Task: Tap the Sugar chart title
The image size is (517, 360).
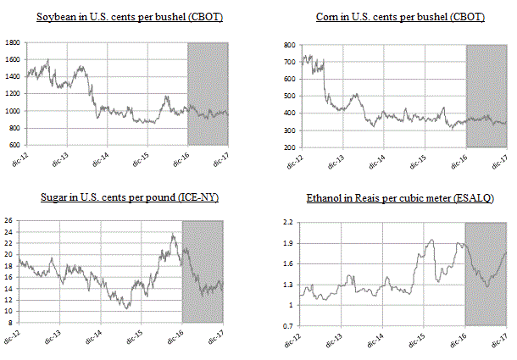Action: pyautogui.click(x=129, y=198)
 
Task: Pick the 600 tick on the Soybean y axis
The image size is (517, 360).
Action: pyautogui.click(x=14, y=145)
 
